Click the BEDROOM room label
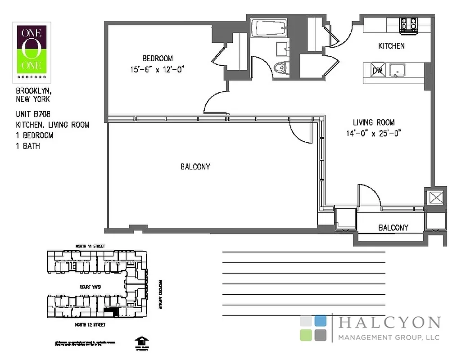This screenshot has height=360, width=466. coord(157,58)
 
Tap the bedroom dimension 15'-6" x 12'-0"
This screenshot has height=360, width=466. coord(157,69)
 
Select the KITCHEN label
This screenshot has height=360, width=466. coord(391,46)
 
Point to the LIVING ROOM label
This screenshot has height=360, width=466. coord(373,122)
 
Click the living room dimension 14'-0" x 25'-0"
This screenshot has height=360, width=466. coord(373,133)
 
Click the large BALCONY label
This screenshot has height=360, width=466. coord(195,166)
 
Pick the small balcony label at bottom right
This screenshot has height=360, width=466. coord(393,228)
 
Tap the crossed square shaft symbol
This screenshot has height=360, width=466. coord(435,198)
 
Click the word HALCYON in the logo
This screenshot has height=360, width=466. coord(388,323)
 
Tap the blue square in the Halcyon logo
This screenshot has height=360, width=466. coord(320,320)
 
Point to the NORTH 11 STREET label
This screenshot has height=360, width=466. coord(91,246)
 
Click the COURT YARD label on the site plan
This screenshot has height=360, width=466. coord(90,287)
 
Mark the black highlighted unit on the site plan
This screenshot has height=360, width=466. coord(110,311)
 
